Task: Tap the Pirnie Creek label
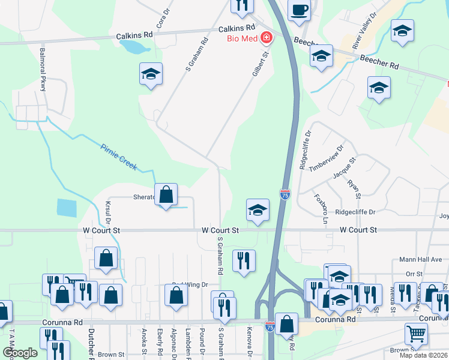[119, 156]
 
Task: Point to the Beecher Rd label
[380, 62]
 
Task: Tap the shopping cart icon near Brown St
[416, 334]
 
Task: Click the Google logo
[20, 353]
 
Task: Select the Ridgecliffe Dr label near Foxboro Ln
[355, 212]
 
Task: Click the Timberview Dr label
[327, 158]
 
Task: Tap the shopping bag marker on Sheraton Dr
[167, 194]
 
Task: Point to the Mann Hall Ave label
[421, 260]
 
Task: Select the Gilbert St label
[259, 63]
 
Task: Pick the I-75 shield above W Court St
[285, 194]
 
